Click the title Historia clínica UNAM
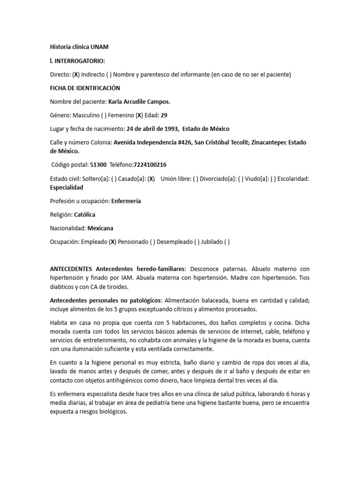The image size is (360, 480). click(79, 47)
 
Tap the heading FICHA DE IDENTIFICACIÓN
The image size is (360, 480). click(85, 88)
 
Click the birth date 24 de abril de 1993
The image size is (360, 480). click(152, 128)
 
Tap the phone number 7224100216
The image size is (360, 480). click(150, 165)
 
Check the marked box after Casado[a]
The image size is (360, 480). click(151, 179)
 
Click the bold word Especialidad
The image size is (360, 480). click(67, 187)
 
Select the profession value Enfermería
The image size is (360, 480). click(126, 201)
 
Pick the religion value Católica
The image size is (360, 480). click(84, 215)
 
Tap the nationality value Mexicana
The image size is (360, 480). click(100, 228)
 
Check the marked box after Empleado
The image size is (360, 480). click(112, 242)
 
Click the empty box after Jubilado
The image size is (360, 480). click(227, 242)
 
